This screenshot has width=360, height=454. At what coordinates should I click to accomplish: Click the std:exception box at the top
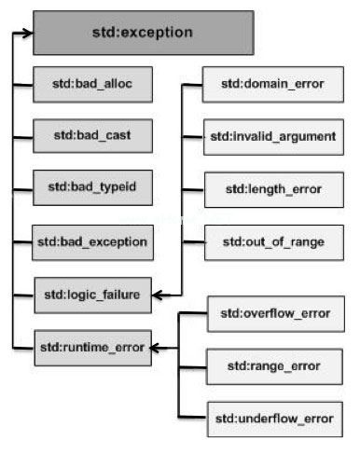(143, 33)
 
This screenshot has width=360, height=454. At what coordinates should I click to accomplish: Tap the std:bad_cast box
(91, 135)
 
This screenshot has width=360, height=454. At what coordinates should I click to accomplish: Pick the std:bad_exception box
(91, 241)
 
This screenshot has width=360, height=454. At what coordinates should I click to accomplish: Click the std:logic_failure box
(91, 295)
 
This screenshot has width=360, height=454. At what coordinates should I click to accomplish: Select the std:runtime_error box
(91, 348)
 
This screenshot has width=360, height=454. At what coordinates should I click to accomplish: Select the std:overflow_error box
(274, 312)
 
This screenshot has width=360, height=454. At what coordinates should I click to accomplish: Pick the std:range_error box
(274, 365)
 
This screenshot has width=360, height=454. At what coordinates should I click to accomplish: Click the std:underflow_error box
(274, 417)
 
